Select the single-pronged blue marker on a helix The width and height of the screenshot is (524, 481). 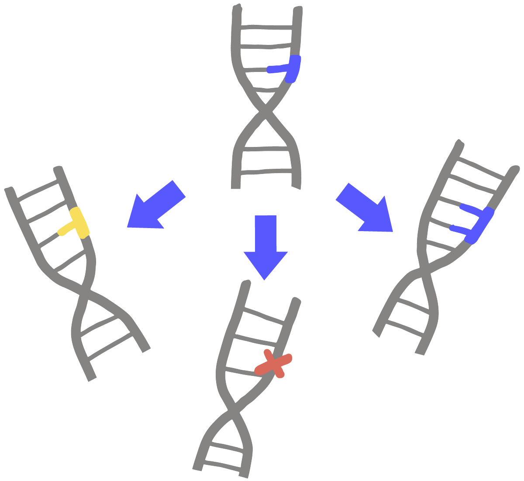point(290,68)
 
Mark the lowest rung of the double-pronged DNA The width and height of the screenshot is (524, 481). point(404,329)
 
